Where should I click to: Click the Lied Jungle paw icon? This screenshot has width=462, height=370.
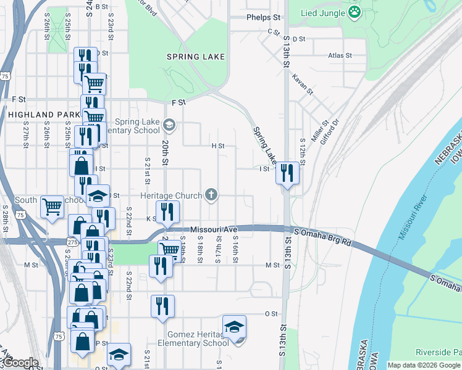pos(354,12)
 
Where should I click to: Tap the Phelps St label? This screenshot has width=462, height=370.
pos(263,18)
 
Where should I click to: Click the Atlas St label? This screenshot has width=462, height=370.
pos(340,55)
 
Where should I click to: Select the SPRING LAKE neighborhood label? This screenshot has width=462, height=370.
pos(195,57)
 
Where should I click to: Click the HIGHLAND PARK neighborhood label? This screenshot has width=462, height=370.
pos(43,115)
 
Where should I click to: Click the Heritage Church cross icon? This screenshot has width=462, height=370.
pos(211,195)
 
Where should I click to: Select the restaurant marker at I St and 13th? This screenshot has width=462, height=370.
pos(287,173)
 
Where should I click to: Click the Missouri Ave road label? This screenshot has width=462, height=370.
pos(214,229)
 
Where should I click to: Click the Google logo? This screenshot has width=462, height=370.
pos(22,363)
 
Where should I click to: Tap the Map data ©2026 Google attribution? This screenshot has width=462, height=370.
pos(424,365)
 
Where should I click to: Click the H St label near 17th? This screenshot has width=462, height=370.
pos(217,146)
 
